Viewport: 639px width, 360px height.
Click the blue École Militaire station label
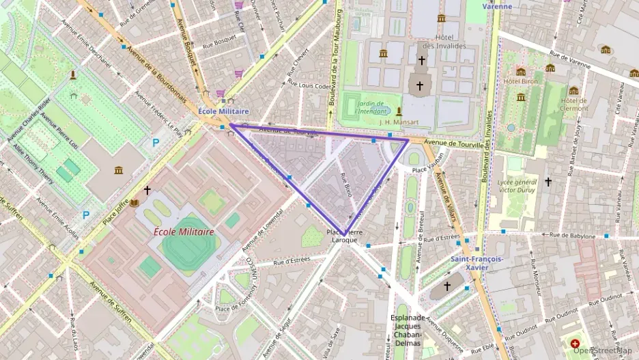tap(223, 111)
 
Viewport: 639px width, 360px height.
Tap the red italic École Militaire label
tap(184, 232)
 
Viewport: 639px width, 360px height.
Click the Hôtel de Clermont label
tap(573, 104)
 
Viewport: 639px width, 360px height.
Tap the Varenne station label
tap(497, 6)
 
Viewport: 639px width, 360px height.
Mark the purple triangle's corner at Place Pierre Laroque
tap(345, 234)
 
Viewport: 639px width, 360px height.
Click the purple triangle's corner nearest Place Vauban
tap(408, 141)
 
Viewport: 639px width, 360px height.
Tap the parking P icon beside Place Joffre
tap(85, 214)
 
